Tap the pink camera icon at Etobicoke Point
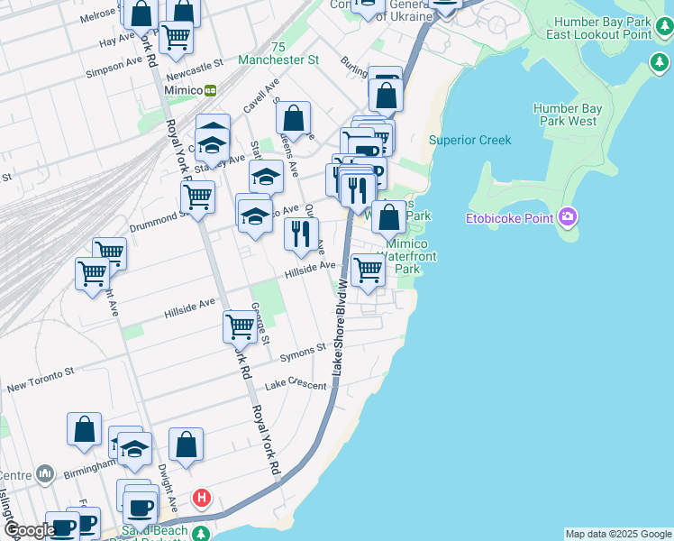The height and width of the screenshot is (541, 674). coord(567,216)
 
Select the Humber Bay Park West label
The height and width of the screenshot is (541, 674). coord(569,115)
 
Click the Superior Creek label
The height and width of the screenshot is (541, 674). coord(469,140)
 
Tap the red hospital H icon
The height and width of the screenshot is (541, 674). coord(203,498)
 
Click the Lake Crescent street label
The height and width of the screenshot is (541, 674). coord(295,385)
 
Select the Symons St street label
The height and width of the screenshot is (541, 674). coord(302,351)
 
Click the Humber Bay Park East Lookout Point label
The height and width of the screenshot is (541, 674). coord(603,27)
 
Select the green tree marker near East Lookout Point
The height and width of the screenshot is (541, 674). coord(660,63)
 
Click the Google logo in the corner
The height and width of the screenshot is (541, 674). coord(29,531)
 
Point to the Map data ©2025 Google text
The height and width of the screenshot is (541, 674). coord(618,535)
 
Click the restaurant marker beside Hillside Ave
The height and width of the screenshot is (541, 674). coord(301,234)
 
